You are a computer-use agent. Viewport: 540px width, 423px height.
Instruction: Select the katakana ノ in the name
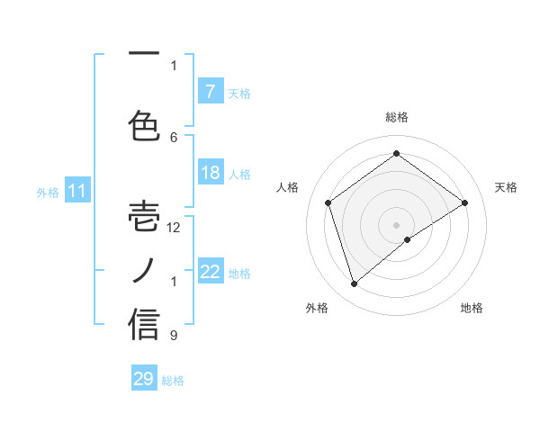coord(144,270)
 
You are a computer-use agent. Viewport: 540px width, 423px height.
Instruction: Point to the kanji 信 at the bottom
coord(144,324)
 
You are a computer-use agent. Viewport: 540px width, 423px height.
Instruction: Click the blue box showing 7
coord(210,91)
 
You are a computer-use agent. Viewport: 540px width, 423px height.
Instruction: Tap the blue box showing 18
coord(210,173)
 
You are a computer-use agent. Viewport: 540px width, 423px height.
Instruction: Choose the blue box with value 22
coord(211,272)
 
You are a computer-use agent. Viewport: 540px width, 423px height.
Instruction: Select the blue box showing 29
coord(144,379)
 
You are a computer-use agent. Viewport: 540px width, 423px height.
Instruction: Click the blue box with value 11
coord(76,191)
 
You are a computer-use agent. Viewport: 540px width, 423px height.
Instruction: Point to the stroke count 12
coord(174,228)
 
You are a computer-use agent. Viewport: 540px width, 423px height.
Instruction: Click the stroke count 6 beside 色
coord(174,137)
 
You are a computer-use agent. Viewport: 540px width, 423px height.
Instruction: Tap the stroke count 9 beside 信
coord(174,336)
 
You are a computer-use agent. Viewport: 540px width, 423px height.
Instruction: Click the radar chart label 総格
coord(397,117)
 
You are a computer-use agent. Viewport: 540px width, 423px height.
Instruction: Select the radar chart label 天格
coord(506,187)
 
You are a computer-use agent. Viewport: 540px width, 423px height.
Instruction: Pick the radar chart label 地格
coord(472,308)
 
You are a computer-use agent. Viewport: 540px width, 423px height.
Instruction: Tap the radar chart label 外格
coord(317,308)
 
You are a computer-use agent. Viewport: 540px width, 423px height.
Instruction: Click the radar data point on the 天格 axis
coord(465,202)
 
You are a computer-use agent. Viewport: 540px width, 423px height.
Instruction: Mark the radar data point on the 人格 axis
coord(328,202)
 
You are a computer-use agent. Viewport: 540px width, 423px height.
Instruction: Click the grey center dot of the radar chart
coord(397,224)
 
